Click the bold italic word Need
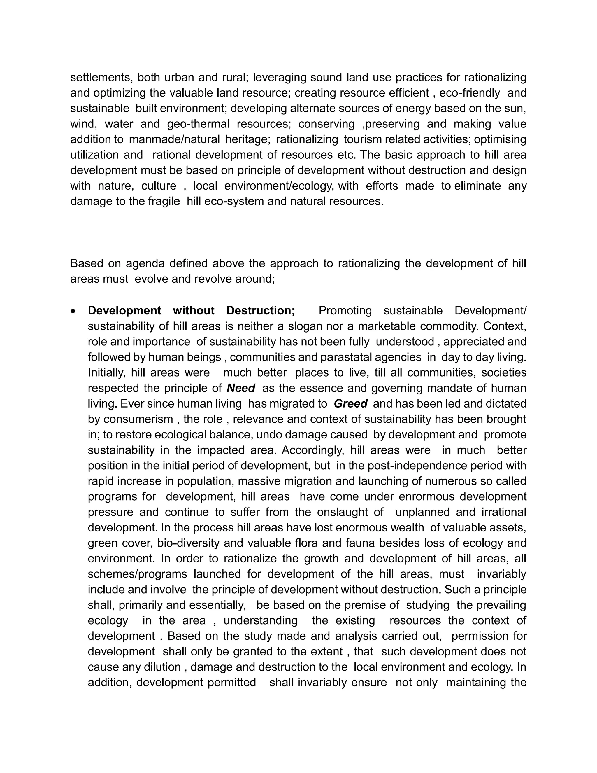[x=240, y=388]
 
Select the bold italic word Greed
[x=350, y=403]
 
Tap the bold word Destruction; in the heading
[x=260, y=310]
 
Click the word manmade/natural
[x=174, y=139]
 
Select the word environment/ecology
[x=279, y=186]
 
